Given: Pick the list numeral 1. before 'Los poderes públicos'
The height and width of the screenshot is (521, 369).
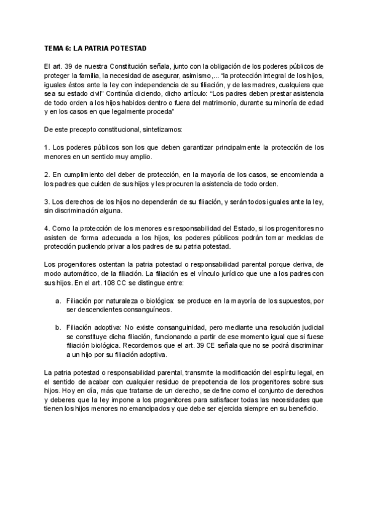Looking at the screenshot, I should (47, 149).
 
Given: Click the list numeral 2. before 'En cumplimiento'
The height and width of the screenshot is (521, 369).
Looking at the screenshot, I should (47, 175).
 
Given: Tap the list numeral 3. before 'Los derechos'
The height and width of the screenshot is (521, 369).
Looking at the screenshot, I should (47, 202).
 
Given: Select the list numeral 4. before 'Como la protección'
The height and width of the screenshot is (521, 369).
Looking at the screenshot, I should (47, 229).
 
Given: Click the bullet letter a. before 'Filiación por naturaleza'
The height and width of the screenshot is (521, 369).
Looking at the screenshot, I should (58, 302).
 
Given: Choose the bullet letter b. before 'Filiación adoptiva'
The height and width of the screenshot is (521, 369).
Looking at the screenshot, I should (58, 328).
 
